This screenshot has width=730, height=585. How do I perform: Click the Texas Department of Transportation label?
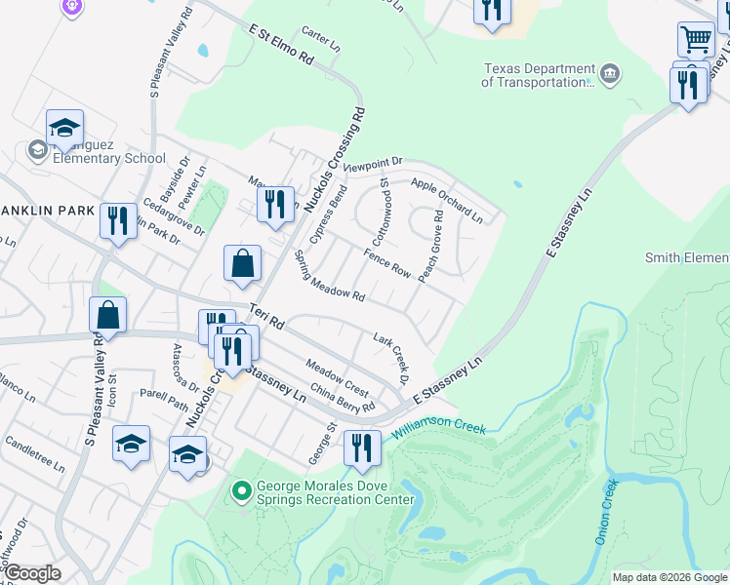(538, 76)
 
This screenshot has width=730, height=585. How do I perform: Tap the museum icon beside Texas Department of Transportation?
(610, 74)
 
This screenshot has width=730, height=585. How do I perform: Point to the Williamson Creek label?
(438, 429)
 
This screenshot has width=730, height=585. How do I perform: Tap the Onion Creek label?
(606, 513)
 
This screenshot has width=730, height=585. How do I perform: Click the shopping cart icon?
(696, 40)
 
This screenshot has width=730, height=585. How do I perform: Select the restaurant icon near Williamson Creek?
(361, 448)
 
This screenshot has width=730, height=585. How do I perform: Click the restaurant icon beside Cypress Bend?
(275, 204)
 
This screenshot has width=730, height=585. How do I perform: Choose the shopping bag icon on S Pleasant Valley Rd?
(107, 315)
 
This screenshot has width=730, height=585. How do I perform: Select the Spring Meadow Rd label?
(329, 282)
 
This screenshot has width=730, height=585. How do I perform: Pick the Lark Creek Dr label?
(389, 356)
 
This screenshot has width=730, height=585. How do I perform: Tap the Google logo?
(32, 572)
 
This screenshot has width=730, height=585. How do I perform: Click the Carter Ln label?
(321, 40)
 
